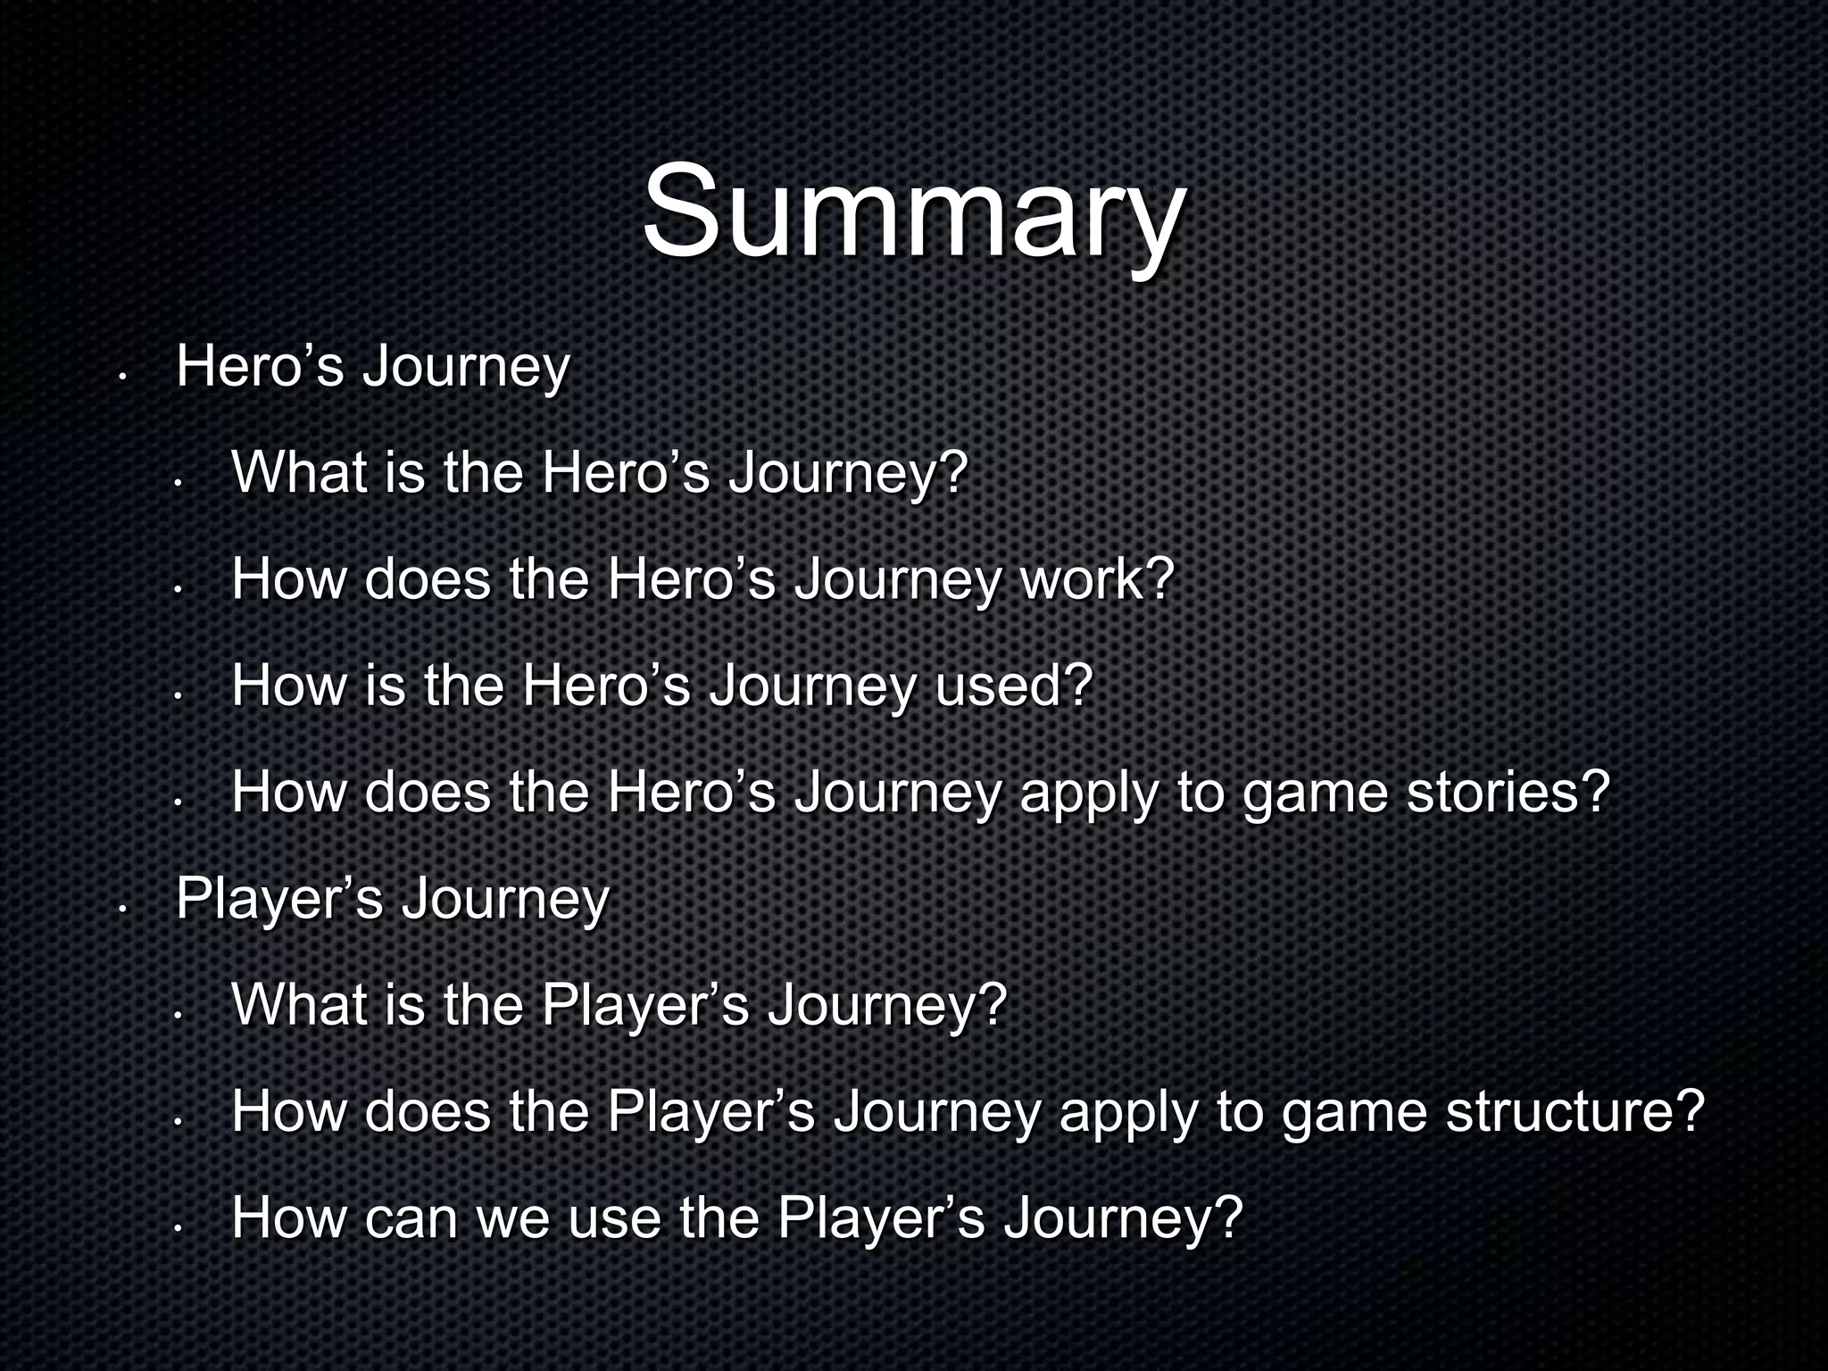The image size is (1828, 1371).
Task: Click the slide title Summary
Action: (x=913, y=212)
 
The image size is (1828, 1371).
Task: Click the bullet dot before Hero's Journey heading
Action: (x=123, y=377)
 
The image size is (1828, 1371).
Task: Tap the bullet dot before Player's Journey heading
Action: (x=123, y=909)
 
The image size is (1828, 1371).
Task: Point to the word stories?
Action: (x=1508, y=793)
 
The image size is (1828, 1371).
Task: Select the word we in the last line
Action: (x=512, y=1217)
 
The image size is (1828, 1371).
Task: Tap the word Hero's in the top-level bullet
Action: (x=260, y=367)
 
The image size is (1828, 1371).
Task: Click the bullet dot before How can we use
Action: (x=179, y=1229)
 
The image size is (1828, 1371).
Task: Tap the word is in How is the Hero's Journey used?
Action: (x=384, y=686)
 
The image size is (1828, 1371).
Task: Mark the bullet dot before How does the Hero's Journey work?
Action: (x=179, y=590)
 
